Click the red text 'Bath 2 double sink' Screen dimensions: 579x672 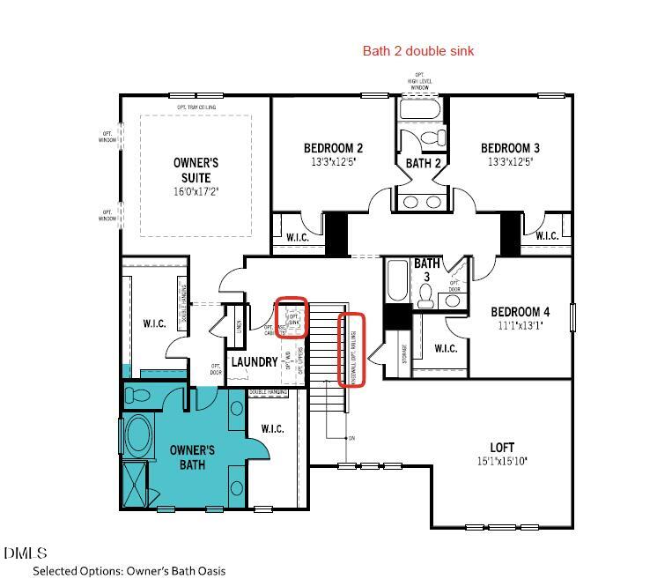418,51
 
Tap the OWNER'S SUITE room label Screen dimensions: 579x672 196,170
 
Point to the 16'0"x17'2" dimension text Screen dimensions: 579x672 196,191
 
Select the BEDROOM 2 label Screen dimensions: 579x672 333,148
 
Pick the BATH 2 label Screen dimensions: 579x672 424,163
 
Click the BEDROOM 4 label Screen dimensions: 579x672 520,312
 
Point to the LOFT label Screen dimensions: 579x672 502,448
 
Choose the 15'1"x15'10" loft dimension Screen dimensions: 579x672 502,461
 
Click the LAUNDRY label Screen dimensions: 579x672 254,362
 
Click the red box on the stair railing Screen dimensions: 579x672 352,349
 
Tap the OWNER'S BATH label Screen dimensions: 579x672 192,457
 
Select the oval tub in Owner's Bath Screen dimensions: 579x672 139,435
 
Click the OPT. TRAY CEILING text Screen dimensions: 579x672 196,108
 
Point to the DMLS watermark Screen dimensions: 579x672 25,553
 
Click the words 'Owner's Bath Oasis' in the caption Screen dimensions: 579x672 175,570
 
